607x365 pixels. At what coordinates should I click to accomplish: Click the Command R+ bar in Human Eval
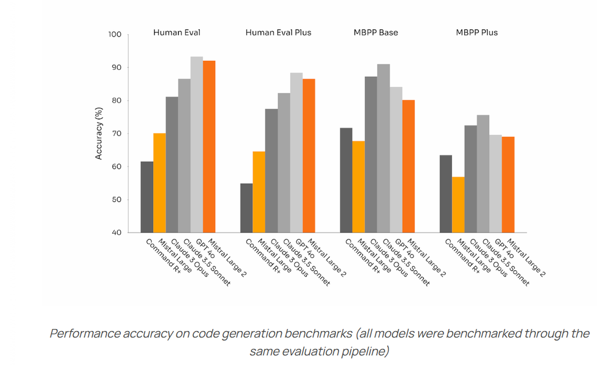[146, 197]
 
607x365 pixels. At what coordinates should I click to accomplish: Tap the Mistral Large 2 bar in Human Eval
[209, 146]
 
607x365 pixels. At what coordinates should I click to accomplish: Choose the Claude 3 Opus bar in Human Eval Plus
[271, 171]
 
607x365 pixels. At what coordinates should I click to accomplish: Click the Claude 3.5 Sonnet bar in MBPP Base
[383, 148]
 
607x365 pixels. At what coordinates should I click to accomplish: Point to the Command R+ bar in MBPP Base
[346, 180]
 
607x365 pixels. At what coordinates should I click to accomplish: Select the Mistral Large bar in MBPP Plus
[458, 205]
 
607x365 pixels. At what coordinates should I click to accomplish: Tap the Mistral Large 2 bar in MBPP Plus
[508, 185]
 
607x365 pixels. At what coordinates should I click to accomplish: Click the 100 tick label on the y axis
[115, 35]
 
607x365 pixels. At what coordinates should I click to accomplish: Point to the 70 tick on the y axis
[117, 134]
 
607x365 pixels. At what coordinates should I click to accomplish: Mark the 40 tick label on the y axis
[117, 233]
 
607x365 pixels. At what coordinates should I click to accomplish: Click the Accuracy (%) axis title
[99, 134]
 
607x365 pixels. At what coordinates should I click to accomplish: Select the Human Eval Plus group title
[278, 32]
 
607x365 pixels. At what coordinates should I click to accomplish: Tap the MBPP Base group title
[377, 32]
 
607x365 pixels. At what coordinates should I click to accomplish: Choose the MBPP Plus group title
[477, 32]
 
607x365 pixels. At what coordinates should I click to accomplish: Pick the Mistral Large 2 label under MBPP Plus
[527, 258]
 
